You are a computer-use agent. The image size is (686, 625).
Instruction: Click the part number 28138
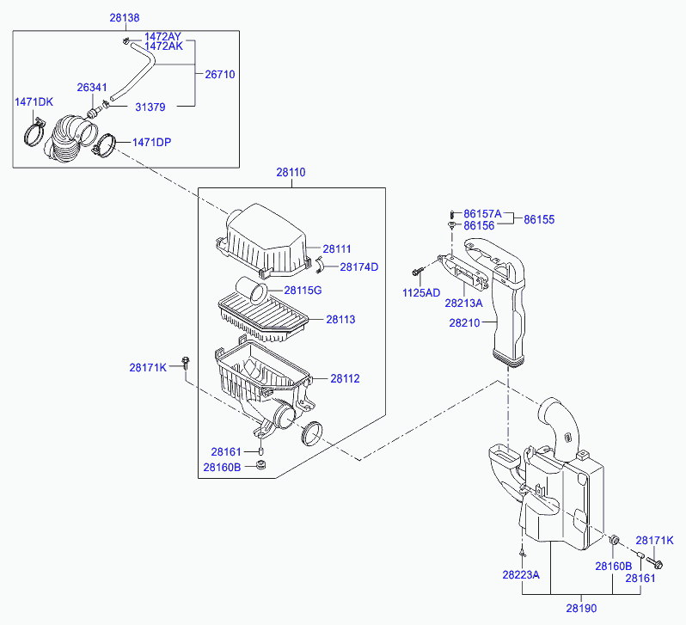125,17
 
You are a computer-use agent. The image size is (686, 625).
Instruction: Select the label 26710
219,75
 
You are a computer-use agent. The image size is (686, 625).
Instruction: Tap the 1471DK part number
34,102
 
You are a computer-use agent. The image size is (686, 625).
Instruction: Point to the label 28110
291,173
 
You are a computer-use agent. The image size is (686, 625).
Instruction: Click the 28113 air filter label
340,320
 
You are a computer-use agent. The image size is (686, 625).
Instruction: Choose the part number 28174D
359,267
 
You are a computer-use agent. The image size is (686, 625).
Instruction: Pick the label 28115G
303,291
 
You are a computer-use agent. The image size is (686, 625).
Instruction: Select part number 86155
539,220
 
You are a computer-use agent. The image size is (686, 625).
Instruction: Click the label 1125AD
421,293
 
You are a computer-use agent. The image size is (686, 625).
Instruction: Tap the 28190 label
581,609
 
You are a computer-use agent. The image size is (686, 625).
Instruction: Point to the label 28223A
521,574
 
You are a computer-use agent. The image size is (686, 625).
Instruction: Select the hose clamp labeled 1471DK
34,132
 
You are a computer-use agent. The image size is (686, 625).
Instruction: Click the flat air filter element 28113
262,316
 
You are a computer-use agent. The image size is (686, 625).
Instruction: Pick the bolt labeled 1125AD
418,272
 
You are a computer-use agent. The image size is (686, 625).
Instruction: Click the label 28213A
463,303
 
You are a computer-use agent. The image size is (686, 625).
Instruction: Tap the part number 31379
150,107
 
